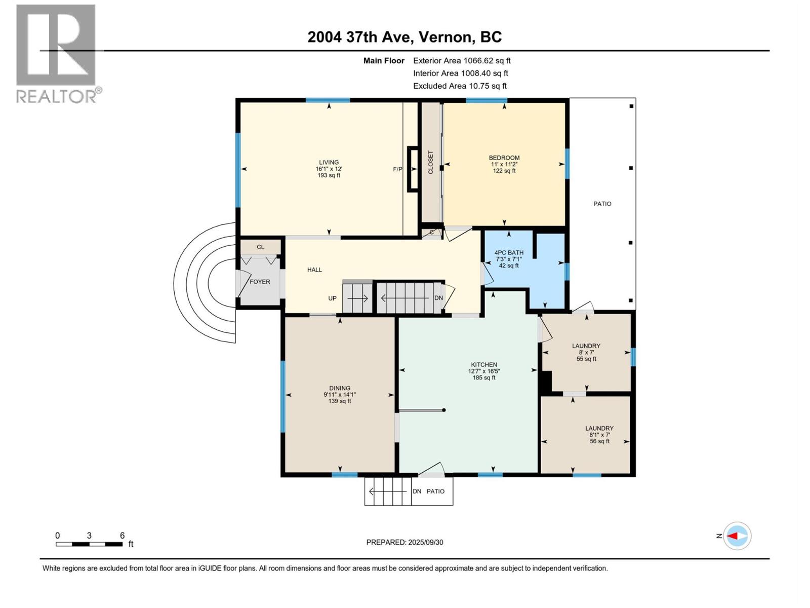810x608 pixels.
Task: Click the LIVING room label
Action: point(329,162)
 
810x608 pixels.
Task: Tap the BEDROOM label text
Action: point(504,158)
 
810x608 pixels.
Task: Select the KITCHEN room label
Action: point(484,364)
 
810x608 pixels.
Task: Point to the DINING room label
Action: point(340,388)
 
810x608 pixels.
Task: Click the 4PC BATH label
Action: point(509,252)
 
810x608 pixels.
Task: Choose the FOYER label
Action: point(260,282)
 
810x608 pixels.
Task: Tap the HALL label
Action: point(314,270)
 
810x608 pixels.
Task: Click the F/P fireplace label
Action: point(397,169)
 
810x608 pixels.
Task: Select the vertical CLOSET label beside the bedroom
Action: point(431,162)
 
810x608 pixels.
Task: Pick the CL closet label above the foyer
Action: point(261,247)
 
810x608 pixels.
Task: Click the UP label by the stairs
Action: point(332,298)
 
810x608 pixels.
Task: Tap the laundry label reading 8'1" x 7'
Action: point(599,435)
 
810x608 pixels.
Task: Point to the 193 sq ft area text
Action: point(329,175)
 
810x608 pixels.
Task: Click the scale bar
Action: point(89,544)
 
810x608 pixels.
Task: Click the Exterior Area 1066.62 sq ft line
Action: point(462,60)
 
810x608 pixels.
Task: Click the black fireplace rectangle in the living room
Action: point(412,169)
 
